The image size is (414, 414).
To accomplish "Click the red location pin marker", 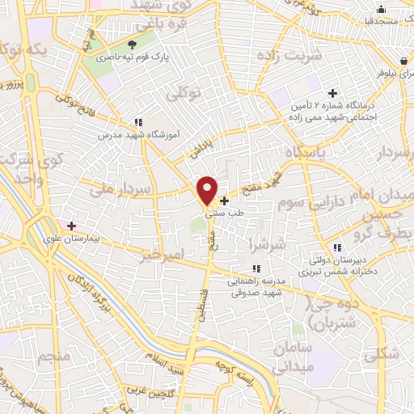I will click(x=208, y=190).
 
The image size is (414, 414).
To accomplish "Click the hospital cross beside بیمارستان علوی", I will click(x=71, y=226).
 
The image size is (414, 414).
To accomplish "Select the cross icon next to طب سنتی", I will click(x=224, y=200).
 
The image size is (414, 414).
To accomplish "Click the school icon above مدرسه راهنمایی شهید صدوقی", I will click(x=256, y=268).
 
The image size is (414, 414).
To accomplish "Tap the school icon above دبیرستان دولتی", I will click(x=336, y=248).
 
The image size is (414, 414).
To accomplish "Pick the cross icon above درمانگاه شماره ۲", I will click(x=332, y=93).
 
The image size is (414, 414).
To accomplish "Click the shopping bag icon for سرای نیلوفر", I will click(x=403, y=61).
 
